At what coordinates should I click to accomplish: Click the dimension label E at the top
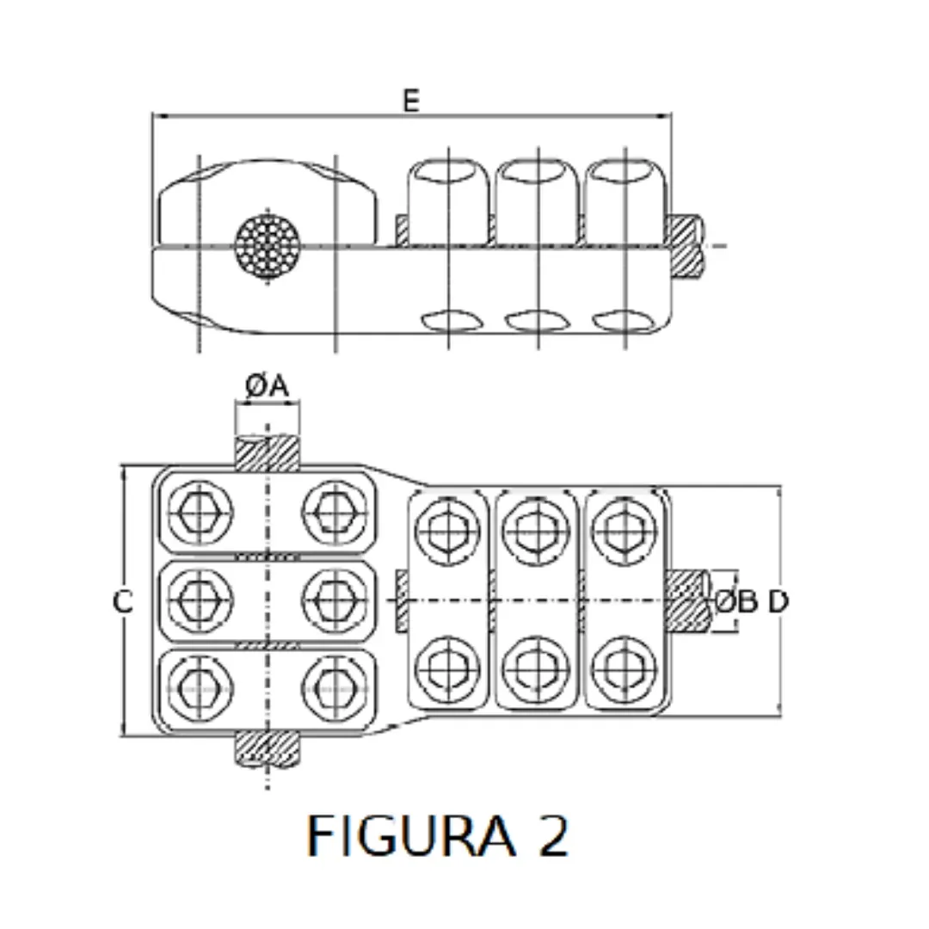coord(411,101)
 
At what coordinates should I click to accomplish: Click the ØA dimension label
coord(266,387)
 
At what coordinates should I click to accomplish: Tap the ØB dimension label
coord(735,602)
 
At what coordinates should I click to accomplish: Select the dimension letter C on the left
coord(123,602)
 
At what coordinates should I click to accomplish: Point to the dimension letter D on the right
coord(778,602)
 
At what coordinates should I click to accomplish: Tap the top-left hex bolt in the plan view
coord(200,514)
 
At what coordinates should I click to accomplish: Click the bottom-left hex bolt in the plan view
coord(200,686)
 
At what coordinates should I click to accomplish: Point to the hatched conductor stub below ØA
coord(268,452)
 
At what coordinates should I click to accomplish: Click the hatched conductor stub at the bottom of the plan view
coord(268,748)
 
